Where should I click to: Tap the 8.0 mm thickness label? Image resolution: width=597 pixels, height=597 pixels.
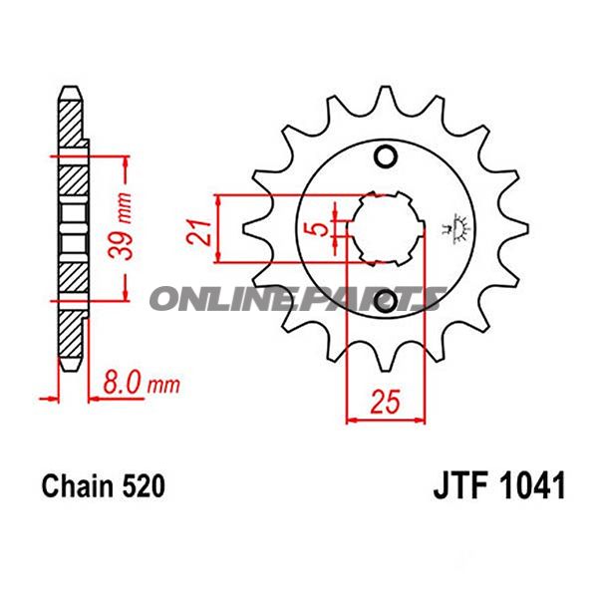pyautogui.click(x=134, y=382)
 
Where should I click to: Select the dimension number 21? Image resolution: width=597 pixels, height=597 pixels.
pyautogui.click(x=199, y=231)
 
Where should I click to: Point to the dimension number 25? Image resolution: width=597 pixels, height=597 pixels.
pyautogui.click(x=384, y=404)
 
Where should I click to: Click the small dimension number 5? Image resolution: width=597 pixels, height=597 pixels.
pyautogui.click(x=318, y=229)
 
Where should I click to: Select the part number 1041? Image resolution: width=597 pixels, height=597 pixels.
pyautogui.click(x=535, y=486)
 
